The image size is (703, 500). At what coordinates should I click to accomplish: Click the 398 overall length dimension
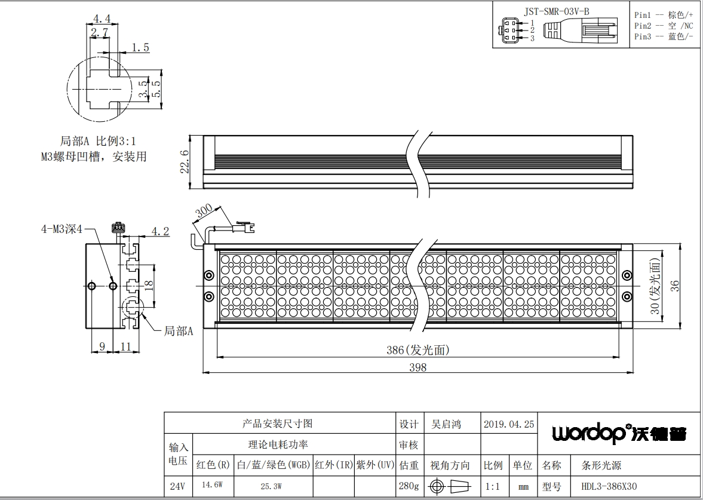pos(417,367)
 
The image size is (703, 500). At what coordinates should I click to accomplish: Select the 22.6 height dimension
pos(184,161)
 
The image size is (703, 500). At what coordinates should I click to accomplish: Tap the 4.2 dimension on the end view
pos(160,231)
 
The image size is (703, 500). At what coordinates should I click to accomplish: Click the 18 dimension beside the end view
pos(149,284)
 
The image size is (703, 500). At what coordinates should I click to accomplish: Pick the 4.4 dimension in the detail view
pos(102,19)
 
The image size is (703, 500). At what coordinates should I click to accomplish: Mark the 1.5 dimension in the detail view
pos(140,48)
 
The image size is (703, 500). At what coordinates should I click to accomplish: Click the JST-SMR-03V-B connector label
pos(557,12)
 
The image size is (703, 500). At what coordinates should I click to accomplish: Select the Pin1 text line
pos(664,15)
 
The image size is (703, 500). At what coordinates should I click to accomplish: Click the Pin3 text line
pos(664,36)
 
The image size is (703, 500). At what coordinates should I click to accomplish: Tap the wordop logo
pos(619,432)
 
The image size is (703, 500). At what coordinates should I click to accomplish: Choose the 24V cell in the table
pos(177,486)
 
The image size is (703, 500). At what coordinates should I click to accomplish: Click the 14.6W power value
pos(212,485)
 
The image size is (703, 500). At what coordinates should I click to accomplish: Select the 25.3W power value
pos(271,486)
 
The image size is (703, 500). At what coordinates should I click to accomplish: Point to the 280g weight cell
pos(409,486)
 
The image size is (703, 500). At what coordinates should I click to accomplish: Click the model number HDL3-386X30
pos(609,486)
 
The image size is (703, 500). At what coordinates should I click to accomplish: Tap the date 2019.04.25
pos(509,424)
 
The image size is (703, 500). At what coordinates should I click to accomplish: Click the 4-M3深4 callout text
pos(62,229)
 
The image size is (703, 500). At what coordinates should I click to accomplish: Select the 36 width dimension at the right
pos(674,286)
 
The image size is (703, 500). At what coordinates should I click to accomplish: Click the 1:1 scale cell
pos(493,486)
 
